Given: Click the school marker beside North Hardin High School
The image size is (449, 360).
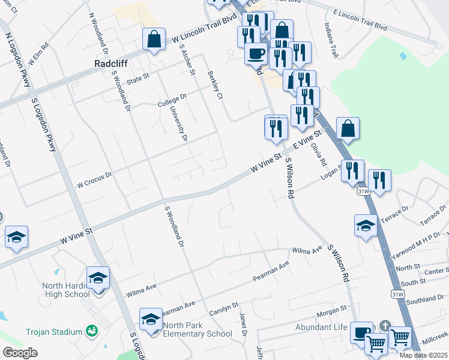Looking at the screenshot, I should coord(98,278).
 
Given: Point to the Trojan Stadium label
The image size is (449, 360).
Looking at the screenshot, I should coord(53,332).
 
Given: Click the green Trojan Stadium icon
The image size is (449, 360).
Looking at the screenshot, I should coord(92,331).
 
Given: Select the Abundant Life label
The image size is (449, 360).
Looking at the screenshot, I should coord(321,327).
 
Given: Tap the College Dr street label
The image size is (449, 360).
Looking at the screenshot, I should coord(172,100).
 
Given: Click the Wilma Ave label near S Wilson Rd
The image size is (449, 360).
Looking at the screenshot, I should coord(307,249).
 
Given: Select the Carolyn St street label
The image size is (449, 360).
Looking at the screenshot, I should coord(224,313).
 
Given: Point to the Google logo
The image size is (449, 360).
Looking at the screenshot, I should coord(20,352).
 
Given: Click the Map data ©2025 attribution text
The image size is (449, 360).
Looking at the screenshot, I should coord(424,355).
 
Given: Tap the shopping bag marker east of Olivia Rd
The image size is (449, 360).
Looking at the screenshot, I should coord(348,128).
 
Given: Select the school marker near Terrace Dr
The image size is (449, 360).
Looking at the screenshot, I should coord(366,226).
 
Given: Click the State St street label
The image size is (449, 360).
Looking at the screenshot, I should coord(137,77).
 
